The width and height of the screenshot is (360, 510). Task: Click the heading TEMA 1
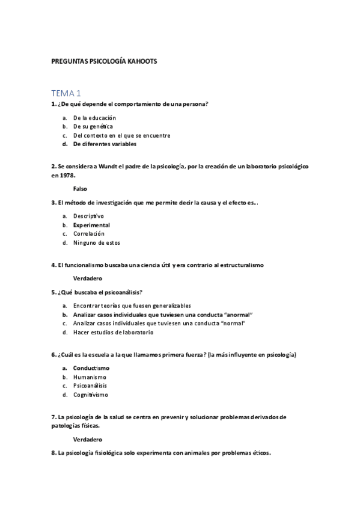(x=66, y=93)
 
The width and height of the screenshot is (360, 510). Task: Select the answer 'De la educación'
(x=94, y=117)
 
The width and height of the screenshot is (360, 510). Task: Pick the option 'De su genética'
(x=93, y=126)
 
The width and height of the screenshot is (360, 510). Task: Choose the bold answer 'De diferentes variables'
(x=105, y=144)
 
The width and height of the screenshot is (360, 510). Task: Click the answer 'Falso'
(x=80, y=189)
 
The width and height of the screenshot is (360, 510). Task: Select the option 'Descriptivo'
(x=88, y=215)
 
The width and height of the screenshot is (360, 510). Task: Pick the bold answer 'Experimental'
(x=91, y=224)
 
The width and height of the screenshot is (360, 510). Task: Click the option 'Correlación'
(x=89, y=233)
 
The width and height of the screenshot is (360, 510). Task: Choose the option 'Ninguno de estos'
(x=96, y=242)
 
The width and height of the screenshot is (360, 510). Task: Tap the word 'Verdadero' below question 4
(x=87, y=278)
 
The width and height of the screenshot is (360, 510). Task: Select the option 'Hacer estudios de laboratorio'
(x=113, y=332)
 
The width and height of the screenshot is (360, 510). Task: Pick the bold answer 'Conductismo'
(x=91, y=367)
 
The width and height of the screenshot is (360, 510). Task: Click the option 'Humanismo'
(x=90, y=376)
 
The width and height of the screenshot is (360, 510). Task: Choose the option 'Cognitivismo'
(x=91, y=395)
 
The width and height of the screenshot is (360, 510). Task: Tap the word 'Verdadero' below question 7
(x=87, y=439)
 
